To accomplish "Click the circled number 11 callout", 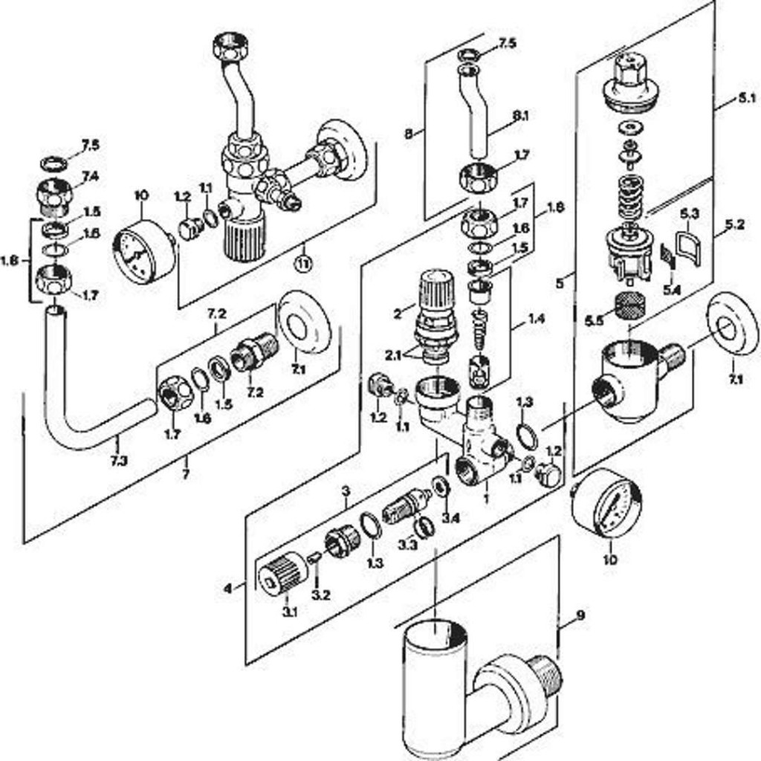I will pos(302,262).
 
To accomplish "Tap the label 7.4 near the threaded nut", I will pos(90,176).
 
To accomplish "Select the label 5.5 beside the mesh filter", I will pos(594,320).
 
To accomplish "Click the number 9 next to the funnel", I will pos(580,615).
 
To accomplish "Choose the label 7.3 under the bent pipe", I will pos(119,460).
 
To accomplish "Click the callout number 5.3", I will pos(690,214).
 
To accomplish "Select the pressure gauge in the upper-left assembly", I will pos(143,247).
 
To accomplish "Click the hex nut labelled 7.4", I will pos(55,194).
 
